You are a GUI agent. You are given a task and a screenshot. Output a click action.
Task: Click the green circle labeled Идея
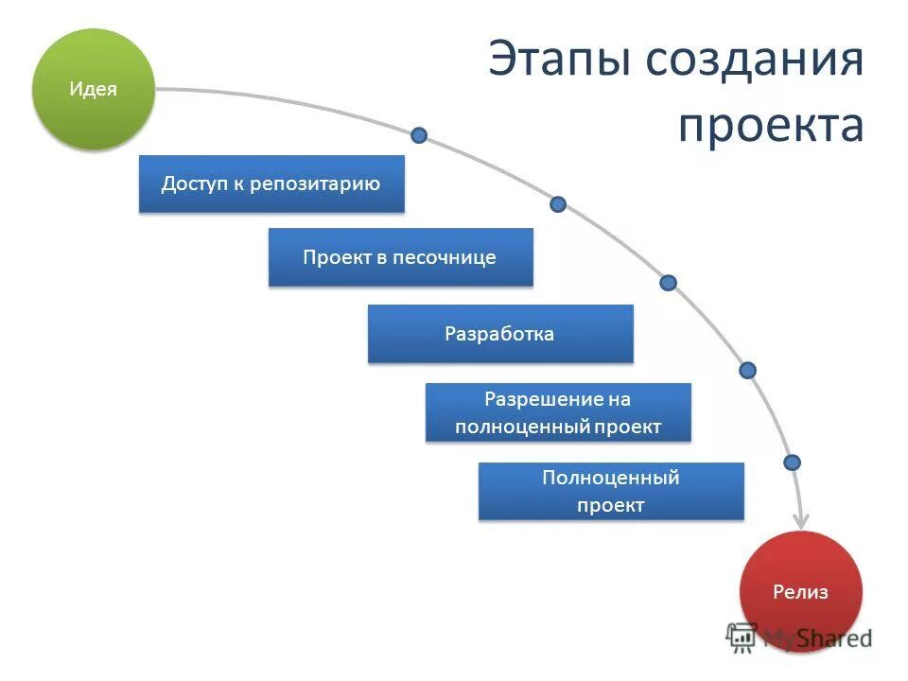(x=93, y=89)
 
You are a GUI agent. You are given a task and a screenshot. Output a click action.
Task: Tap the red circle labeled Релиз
(x=800, y=591)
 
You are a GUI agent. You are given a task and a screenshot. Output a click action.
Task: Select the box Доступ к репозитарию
(x=271, y=183)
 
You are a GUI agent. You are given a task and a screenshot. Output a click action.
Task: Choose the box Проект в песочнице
(x=400, y=257)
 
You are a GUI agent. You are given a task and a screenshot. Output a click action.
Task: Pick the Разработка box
(x=499, y=334)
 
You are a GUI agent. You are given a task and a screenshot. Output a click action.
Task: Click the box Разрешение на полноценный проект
(x=558, y=412)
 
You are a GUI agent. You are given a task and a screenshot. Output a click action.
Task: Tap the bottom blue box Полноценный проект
(x=611, y=492)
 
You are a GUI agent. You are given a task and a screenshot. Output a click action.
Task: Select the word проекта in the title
(x=770, y=125)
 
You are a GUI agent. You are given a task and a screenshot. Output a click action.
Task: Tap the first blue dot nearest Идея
(x=419, y=135)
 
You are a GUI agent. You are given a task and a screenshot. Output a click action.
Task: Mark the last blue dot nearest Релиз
(x=793, y=463)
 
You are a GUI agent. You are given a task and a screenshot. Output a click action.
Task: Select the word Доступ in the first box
(x=193, y=183)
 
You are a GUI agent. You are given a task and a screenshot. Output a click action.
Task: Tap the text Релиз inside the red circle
(x=800, y=593)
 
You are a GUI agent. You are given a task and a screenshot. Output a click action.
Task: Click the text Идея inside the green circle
(x=93, y=90)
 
